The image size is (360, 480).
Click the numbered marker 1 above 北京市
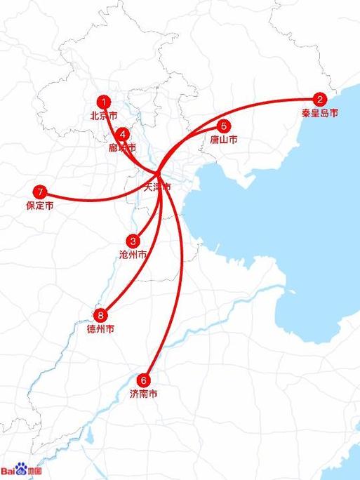click(104, 102)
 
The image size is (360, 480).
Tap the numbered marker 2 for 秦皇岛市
click(320, 100)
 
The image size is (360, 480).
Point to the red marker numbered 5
click(223, 126)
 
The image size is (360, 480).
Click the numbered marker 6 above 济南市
click(145, 380)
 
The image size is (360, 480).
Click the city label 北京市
click(103, 115)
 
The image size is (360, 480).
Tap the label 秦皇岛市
click(320, 113)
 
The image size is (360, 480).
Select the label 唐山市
click(223, 140)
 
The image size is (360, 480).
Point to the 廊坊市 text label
click(122, 148)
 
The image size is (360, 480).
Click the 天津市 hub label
click(156, 187)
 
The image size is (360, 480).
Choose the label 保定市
click(39, 206)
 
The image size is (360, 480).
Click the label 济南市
click(144, 393)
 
